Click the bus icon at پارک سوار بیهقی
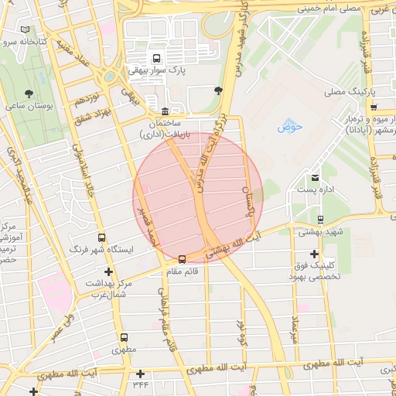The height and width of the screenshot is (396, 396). pos(158,58)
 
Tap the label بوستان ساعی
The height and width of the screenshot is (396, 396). pos(29,106)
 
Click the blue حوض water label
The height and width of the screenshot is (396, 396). pos(288,125)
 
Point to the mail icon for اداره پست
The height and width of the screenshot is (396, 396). pos(315,177)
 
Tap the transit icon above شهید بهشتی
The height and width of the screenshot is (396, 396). pos(320,220)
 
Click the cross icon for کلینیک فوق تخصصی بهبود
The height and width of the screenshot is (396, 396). pos(314,254)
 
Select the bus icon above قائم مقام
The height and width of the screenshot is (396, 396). pos(182,259)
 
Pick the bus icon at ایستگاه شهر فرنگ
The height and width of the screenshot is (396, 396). pos(101,238)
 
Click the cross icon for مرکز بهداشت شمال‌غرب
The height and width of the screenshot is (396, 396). pos(108,271)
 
